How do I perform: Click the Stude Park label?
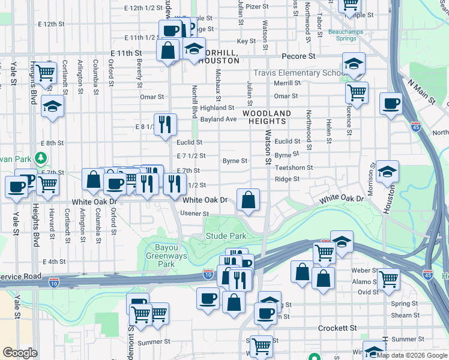(226, 236)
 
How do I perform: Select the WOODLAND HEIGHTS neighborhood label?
(267, 116)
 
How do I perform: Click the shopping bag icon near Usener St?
(248, 200)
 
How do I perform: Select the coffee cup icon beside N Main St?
(391, 104)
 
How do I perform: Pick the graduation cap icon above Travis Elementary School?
(354, 64)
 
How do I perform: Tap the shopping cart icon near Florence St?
(357, 93)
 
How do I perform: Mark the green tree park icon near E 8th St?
(40, 158)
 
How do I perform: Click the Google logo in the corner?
(20, 353)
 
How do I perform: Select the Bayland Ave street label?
(218, 119)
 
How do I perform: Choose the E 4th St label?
(54, 262)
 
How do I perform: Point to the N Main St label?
(420, 92)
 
